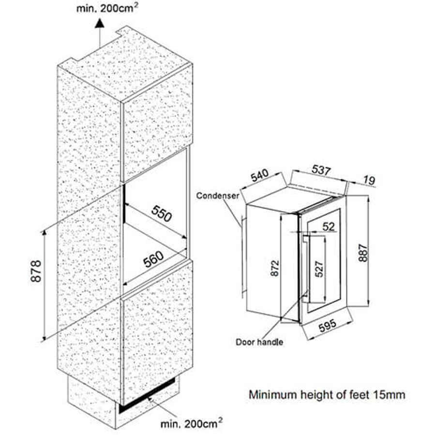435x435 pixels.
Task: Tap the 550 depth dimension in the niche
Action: point(161,213)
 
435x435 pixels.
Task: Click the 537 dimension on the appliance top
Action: point(321,171)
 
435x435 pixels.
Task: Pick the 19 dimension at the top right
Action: point(369,181)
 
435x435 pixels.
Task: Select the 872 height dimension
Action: point(273,268)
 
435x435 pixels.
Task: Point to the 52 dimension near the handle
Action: point(329,226)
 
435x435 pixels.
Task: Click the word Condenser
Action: point(217,196)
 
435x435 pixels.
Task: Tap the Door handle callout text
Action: point(259,342)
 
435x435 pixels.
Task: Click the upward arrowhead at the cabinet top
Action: point(99,22)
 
